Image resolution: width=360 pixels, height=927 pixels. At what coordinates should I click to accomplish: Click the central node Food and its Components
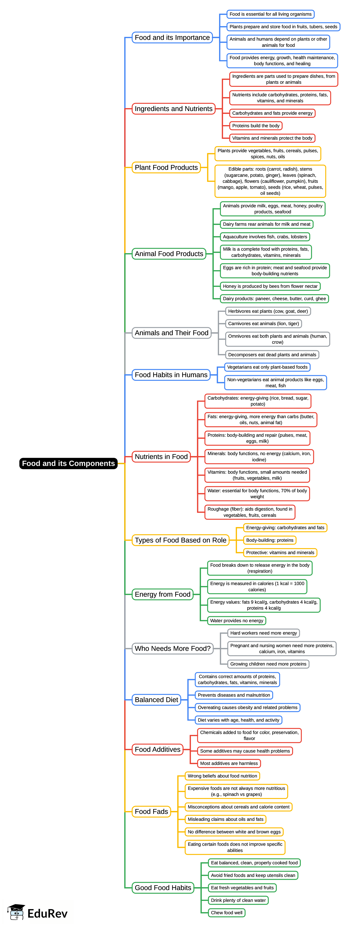[x=68, y=463]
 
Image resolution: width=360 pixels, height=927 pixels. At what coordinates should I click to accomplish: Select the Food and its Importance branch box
[x=172, y=38]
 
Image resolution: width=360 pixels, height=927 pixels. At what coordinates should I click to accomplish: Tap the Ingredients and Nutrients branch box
[x=174, y=109]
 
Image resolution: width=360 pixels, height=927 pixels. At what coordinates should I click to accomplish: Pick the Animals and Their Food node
[x=171, y=333]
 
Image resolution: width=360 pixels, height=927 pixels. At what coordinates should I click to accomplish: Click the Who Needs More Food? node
[x=172, y=648]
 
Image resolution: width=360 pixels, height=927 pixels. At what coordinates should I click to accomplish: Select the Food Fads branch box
[x=151, y=812]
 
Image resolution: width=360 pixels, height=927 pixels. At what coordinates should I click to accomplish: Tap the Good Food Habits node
[x=163, y=888]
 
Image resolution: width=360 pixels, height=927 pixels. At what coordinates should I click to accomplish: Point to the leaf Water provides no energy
[x=237, y=620]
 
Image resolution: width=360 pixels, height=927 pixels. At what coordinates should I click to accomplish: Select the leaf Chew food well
[x=227, y=913]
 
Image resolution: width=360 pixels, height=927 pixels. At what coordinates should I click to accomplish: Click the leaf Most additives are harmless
[x=229, y=763]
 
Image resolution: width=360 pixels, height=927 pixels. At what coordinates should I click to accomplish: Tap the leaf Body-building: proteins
[x=270, y=540]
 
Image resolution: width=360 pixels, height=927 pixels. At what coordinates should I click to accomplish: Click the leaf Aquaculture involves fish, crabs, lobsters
[x=265, y=237]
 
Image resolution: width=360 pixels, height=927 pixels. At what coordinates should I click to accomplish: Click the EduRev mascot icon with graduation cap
[x=16, y=912]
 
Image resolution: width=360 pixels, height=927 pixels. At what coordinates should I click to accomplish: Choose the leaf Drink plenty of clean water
[x=238, y=900]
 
